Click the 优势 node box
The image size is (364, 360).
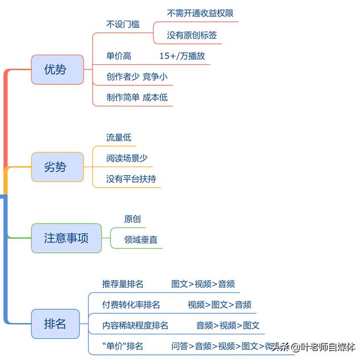pos(57,70)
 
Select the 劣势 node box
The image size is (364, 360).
pos(57,167)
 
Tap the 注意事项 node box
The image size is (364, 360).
pos(67,238)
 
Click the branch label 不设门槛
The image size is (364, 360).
pos(123,24)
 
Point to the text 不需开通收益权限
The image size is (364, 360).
pos(200,13)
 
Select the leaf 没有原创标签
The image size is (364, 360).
pos(192,35)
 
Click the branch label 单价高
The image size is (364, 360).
pos(119,56)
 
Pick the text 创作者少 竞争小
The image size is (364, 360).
pos(137,76)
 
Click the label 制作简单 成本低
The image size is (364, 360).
pos(137,97)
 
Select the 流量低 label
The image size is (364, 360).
pos(119,138)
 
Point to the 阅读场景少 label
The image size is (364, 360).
pos(127,158)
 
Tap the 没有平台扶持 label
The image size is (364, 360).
pos(131,179)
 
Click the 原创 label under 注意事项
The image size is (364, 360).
pos(133,219)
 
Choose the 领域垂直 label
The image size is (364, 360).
pos(141,240)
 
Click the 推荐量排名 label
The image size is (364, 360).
pos(123,284)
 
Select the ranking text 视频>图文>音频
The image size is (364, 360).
pos(220,304)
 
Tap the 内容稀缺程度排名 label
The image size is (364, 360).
pos(135,325)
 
